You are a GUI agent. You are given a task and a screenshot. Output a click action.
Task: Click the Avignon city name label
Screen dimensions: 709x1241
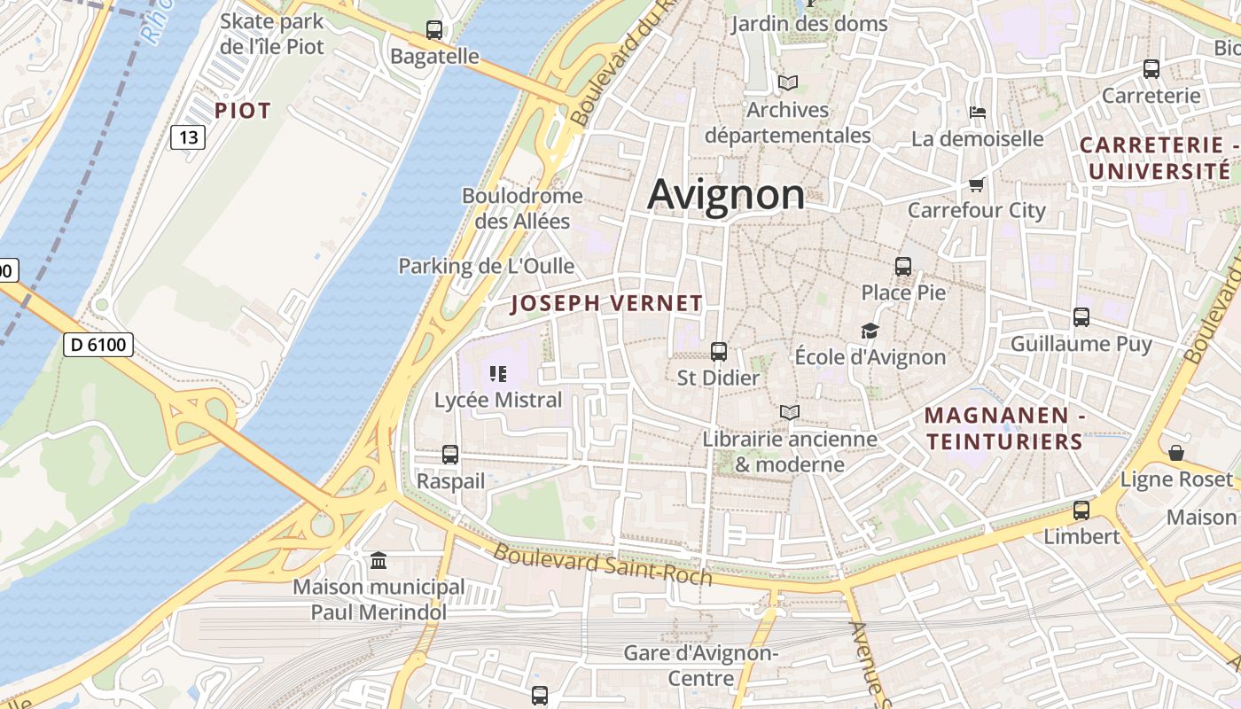(726, 194)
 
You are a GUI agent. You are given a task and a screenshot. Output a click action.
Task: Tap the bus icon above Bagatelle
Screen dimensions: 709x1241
(434, 29)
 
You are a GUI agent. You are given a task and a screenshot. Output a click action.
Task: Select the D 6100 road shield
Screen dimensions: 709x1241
(98, 345)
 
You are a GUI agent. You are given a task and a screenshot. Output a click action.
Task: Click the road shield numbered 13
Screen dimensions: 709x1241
(188, 136)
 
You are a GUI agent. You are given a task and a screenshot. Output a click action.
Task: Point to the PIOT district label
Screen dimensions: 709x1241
(243, 111)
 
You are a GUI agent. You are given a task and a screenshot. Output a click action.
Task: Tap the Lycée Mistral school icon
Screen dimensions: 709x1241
(498, 374)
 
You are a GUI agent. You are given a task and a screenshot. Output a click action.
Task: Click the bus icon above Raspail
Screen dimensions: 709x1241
(450, 455)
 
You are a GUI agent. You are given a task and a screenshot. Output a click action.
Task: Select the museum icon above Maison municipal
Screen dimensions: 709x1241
(379, 560)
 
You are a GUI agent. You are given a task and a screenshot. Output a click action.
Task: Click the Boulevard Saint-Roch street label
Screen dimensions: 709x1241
(602, 564)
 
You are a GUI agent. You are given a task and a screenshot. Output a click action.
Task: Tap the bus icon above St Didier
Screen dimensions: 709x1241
(719, 351)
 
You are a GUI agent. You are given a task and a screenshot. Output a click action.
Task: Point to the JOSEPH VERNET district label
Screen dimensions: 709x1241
(607, 304)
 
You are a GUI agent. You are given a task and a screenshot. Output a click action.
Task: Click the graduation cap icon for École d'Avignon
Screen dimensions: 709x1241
(870, 331)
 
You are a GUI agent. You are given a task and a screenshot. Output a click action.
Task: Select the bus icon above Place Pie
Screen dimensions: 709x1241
(903, 266)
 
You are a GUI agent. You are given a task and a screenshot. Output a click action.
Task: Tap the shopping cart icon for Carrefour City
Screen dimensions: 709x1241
(977, 184)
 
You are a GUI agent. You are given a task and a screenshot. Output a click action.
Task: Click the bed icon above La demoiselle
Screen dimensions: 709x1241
(978, 113)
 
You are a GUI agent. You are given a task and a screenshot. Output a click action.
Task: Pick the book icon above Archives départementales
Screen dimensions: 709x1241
(788, 83)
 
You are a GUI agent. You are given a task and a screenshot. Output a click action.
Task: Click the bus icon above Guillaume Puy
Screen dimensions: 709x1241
(1081, 316)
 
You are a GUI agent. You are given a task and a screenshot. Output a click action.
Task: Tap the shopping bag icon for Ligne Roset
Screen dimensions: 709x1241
(1176, 453)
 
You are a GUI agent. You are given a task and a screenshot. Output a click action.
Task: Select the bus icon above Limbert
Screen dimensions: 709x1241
(1081, 510)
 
